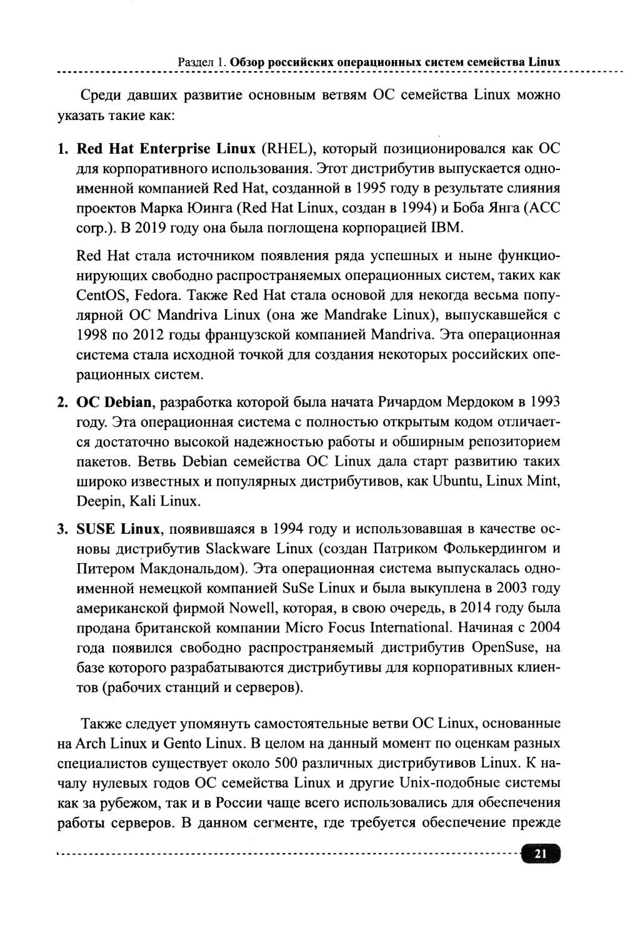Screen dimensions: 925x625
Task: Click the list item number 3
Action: (x=62, y=529)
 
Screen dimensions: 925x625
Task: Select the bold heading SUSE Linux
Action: (x=118, y=529)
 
